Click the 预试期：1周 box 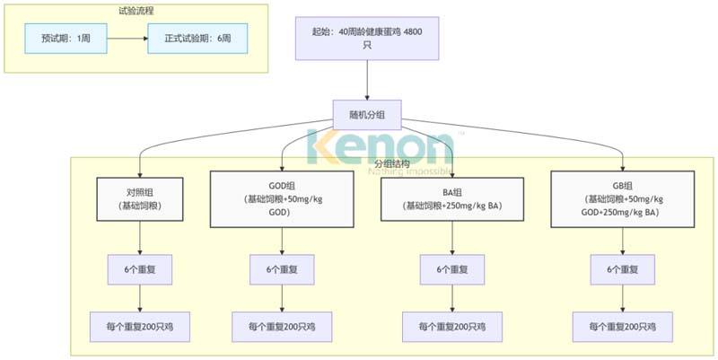[66, 40]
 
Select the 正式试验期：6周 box [198, 40]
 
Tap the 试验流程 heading [137, 12]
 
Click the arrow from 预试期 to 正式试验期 [127, 40]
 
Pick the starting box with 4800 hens [367, 38]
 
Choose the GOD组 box [283, 198]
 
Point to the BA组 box [452, 198]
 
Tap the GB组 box [624, 198]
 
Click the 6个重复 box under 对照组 [139, 269]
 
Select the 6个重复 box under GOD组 [283, 269]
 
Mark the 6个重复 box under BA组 [452, 269]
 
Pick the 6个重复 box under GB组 [624, 269]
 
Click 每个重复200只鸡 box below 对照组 [139, 327]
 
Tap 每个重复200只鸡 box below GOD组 [283, 327]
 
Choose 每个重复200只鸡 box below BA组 [452, 327]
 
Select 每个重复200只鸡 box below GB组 [624, 327]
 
